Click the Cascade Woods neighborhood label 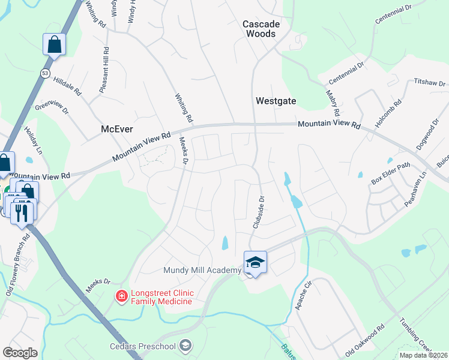coord(259,28)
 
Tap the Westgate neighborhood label coord(276,101)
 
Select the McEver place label coord(116,129)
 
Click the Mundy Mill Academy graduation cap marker coord(255,262)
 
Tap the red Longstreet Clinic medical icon coord(121,296)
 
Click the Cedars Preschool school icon coord(185,345)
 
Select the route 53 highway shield coord(45,73)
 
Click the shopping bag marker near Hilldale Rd coord(54,44)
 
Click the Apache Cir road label coord(304,295)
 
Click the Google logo coord(20,352)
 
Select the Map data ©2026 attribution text coord(423,355)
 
